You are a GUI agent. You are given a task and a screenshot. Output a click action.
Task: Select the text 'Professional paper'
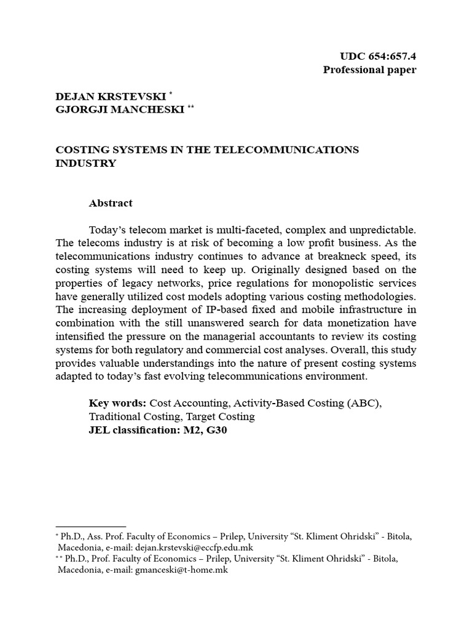369,70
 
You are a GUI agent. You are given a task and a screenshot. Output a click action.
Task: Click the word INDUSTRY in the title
85,163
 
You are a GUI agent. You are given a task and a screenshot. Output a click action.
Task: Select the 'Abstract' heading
111,202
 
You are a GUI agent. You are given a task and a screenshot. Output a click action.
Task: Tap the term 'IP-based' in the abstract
220,309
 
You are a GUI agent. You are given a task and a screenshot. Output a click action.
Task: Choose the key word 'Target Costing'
224,417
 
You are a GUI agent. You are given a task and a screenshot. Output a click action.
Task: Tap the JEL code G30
218,430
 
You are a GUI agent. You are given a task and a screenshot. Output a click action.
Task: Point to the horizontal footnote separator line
90,527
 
